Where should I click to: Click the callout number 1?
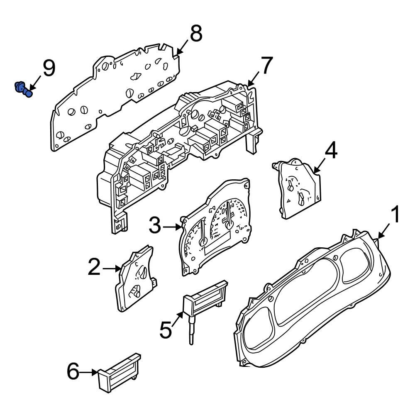point(395,215)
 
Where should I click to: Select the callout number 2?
point(94,268)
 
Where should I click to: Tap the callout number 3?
point(155,226)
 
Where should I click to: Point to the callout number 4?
point(330,151)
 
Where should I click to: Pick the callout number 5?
point(165,330)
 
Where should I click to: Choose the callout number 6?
point(73,371)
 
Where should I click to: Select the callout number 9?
point(49,68)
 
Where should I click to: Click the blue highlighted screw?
point(23,89)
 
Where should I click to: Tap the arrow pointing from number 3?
point(172,227)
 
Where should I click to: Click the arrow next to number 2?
point(111,269)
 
